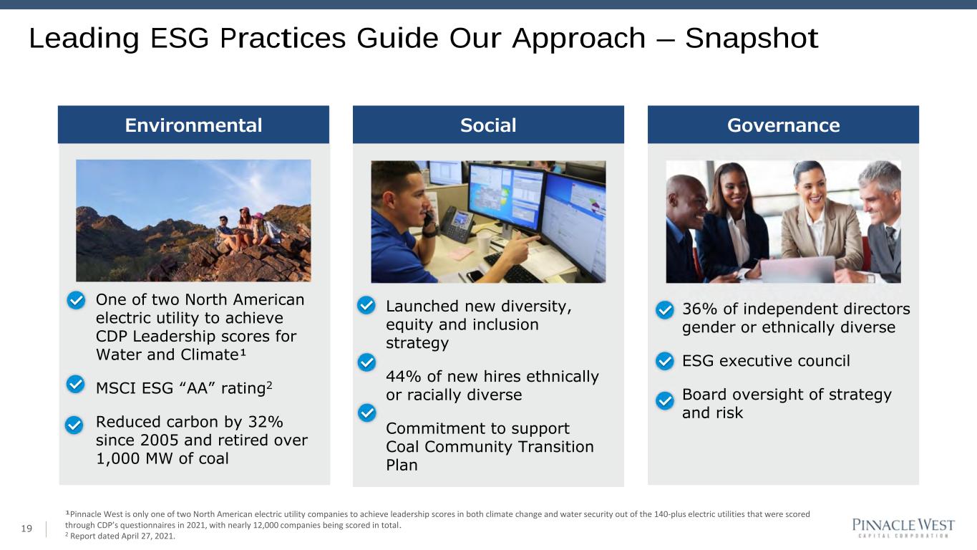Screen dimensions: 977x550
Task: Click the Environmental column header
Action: click(x=193, y=125)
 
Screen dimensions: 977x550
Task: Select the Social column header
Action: click(x=488, y=125)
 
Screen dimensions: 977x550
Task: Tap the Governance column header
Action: click(x=783, y=125)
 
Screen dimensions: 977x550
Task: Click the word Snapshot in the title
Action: click(x=751, y=39)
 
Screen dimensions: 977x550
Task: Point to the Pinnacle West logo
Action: click(x=903, y=528)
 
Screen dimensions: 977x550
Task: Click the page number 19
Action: click(x=26, y=529)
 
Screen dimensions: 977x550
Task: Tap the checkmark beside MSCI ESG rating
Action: click(x=75, y=384)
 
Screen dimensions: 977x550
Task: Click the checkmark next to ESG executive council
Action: click(x=665, y=361)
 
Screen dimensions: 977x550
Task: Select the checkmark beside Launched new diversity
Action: click(x=366, y=305)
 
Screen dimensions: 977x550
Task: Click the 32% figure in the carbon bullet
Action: click(x=265, y=422)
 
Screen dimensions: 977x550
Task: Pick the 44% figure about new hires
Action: click(x=404, y=377)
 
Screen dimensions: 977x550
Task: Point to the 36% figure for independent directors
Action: click(x=700, y=309)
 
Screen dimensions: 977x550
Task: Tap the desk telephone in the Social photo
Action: click(x=457, y=223)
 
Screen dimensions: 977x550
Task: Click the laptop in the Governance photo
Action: click(x=797, y=269)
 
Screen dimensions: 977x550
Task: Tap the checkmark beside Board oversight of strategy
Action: click(x=665, y=400)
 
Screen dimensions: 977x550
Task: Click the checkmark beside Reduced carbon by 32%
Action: click(x=74, y=425)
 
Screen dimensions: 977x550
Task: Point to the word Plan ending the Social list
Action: click(x=402, y=465)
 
